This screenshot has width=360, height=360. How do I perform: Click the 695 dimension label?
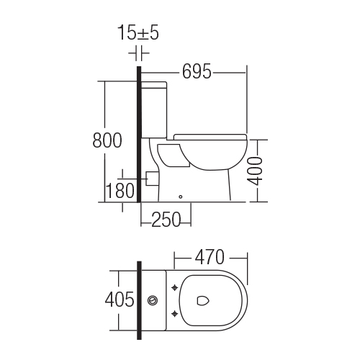(197, 71)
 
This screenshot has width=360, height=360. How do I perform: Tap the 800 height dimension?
(107, 140)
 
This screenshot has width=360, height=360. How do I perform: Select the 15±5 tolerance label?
(138, 32)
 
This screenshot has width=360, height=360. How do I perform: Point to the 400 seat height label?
(255, 171)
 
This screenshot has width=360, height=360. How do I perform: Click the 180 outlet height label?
(120, 191)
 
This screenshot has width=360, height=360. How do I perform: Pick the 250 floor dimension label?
(166, 220)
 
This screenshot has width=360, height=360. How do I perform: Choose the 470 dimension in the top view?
(210, 257)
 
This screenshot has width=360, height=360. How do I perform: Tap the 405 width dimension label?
(120, 300)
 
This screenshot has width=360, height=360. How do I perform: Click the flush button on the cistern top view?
(153, 300)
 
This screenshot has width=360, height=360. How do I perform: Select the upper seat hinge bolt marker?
(175, 287)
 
